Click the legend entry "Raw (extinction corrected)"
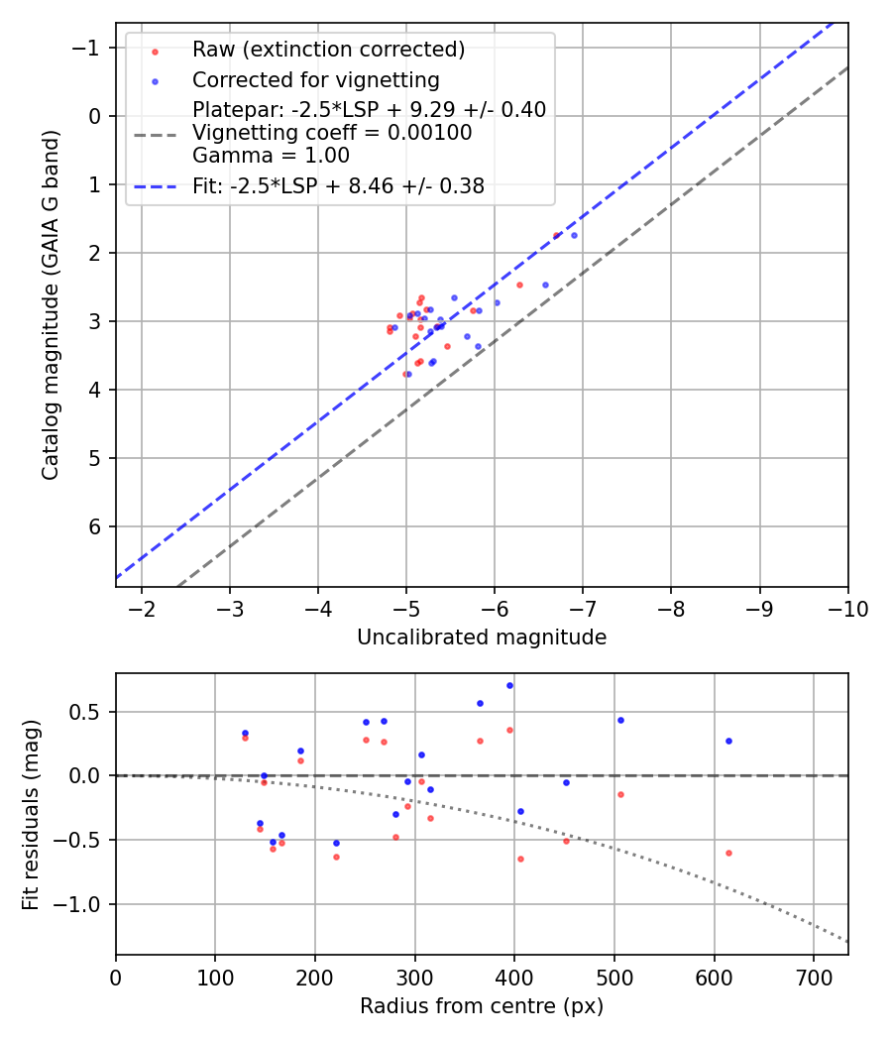point(328,50)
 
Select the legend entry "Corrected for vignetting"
point(315,79)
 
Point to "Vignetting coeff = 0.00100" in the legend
point(332,133)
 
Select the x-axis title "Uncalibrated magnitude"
point(482,637)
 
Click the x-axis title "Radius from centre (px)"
point(482,1006)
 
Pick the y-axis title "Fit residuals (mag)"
point(31,814)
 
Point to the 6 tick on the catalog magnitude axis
point(96,526)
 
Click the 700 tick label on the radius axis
point(813,977)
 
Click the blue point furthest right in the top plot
point(574,235)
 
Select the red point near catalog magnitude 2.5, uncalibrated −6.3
point(519,285)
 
